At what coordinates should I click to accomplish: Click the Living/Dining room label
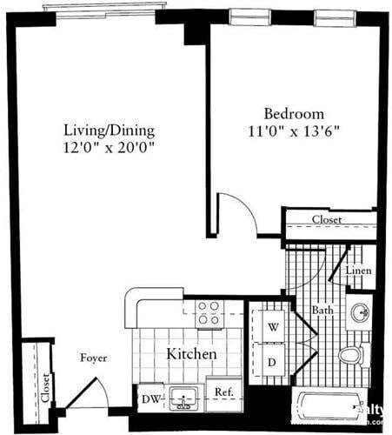coord(110,130)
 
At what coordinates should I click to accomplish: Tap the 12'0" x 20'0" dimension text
coord(110,149)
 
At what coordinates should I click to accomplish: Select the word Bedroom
coord(295,114)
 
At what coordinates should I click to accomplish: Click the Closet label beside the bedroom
coord(327,220)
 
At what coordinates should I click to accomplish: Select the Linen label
coord(359,271)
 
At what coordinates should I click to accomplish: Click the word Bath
coord(322,309)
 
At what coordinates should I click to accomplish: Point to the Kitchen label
coord(191,355)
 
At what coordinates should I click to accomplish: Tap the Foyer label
coord(94,358)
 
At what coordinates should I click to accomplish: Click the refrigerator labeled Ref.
coord(223,392)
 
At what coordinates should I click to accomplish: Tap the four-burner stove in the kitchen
coord(208,313)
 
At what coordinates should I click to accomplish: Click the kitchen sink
coord(183,398)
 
